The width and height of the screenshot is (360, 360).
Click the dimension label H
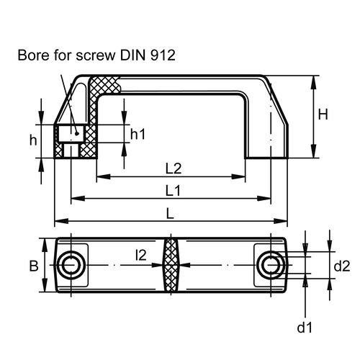tap(323, 114)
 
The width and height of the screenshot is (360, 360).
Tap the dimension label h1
tap(138, 134)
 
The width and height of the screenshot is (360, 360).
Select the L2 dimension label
tap(174, 168)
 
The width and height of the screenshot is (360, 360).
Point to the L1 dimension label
tap(173, 191)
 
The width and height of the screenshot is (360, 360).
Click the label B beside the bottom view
tap(34, 266)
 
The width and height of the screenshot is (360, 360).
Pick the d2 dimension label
tap(342, 266)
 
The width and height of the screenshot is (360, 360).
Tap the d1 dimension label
tap(305, 327)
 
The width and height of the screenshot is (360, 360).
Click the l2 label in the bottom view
tap(141, 255)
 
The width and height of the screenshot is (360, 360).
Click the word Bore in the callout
tap(33, 55)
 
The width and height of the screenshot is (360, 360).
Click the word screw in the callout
tap(96, 55)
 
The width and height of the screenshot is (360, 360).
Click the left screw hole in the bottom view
tap(71, 265)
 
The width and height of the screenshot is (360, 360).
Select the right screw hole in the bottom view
tap(271, 265)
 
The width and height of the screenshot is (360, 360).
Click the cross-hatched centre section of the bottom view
tap(171, 265)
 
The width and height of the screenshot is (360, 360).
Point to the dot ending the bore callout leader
tap(77, 133)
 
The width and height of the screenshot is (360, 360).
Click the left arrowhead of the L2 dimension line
tap(103, 177)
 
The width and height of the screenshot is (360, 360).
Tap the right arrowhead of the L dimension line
tap(281, 221)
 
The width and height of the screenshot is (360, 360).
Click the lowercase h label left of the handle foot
tap(33, 140)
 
